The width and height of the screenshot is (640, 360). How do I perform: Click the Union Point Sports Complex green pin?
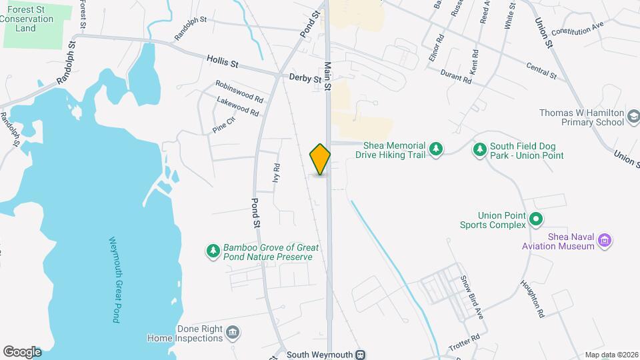(x=535, y=219)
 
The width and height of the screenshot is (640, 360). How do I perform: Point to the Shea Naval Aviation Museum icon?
(x=605, y=240)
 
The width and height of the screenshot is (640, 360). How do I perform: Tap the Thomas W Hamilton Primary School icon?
(x=632, y=118)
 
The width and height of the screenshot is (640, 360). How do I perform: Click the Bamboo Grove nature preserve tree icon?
(x=213, y=251)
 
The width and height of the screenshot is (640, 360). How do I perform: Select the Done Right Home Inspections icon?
(x=233, y=333)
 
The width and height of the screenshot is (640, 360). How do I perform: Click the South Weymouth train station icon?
(x=361, y=354)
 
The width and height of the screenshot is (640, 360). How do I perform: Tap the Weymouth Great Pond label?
(x=113, y=280)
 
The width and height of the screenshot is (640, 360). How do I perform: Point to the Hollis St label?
(x=222, y=63)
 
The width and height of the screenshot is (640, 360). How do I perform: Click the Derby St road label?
(x=305, y=78)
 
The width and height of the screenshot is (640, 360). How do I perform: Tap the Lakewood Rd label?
(x=237, y=106)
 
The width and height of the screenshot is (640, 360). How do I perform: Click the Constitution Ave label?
(x=577, y=27)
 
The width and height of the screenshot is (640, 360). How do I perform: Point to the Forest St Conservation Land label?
(x=26, y=19)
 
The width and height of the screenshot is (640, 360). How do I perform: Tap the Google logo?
(x=22, y=351)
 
